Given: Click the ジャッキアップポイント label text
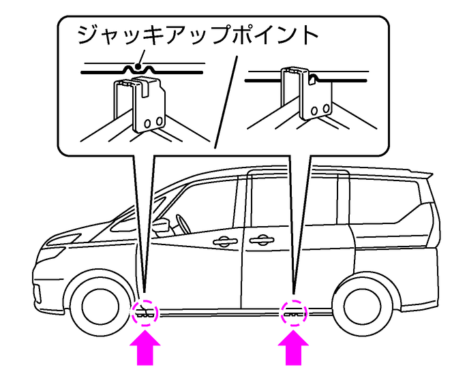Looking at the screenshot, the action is click(198, 35).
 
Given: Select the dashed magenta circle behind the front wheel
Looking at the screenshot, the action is click(146, 312).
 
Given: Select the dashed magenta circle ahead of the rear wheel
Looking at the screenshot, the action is click(294, 312).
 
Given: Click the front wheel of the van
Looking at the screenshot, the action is click(97, 307).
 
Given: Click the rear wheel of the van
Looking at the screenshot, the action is click(362, 306).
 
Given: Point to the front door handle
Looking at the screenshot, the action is click(225, 240).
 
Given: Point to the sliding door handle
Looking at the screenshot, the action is click(262, 240).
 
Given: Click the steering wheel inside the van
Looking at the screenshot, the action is click(183, 224).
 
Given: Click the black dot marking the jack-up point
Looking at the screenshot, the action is click(137, 67).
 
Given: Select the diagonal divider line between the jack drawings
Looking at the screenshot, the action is click(226, 101).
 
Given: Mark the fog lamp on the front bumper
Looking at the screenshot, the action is click(37, 294).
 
